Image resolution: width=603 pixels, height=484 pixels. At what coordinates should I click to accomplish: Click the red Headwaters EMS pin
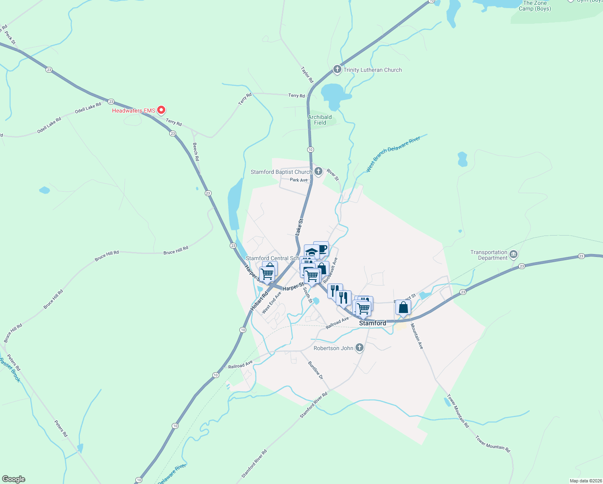coord(161,110)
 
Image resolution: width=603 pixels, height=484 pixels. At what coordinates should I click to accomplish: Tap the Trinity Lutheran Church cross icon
coord(337,70)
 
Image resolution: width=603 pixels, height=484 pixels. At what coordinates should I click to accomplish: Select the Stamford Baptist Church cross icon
coord(318,172)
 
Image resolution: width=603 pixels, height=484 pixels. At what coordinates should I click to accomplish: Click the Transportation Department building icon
coord(514,255)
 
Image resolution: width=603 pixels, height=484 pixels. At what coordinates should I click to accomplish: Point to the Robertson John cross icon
coord(360,348)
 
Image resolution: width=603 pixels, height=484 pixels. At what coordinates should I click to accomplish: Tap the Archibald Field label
coord(320,120)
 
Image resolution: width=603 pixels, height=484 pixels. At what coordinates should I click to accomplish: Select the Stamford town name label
coord(372,323)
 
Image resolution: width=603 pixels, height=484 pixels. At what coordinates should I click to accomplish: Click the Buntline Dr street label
coord(316,370)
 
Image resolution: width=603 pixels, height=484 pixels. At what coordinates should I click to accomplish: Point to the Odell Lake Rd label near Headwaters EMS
coord(88,108)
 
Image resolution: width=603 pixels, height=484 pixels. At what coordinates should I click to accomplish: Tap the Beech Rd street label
coord(196,152)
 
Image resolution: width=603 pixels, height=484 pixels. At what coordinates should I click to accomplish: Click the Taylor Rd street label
coord(307,75)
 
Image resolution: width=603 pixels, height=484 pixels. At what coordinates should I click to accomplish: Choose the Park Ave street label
coord(299,180)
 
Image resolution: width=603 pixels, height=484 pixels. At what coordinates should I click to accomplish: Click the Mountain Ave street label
coord(417,336)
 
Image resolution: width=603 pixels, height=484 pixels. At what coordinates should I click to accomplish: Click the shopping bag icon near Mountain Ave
coord(403,308)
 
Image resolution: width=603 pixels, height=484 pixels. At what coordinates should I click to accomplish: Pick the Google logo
coord(14,479)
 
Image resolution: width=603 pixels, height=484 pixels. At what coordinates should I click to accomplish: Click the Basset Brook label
coord(10,370)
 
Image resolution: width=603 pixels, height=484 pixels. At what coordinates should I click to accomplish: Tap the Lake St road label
coord(299,227)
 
